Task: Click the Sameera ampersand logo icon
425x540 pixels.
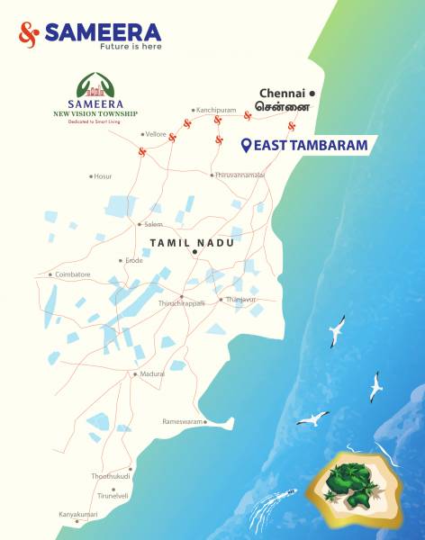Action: pyautogui.click(x=29, y=34)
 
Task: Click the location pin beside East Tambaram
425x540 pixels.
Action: pyautogui.click(x=247, y=145)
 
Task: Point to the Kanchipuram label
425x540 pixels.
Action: pyautogui.click(x=215, y=109)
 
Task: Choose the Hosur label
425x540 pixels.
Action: pyautogui.click(x=103, y=176)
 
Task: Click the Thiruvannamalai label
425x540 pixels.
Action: pyautogui.click(x=240, y=175)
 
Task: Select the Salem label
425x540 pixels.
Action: pyautogui.click(x=153, y=224)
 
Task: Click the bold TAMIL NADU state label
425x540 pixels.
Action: pyautogui.click(x=191, y=243)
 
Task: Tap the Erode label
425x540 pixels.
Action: pyautogui.click(x=133, y=261)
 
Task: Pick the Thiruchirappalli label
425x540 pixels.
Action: pyautogui.click(x=182, y=303)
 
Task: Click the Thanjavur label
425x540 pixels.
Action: pyautogui.click(x=241, y=299)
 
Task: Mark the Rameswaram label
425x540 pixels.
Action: pyautogui.click(x=183, y=421)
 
